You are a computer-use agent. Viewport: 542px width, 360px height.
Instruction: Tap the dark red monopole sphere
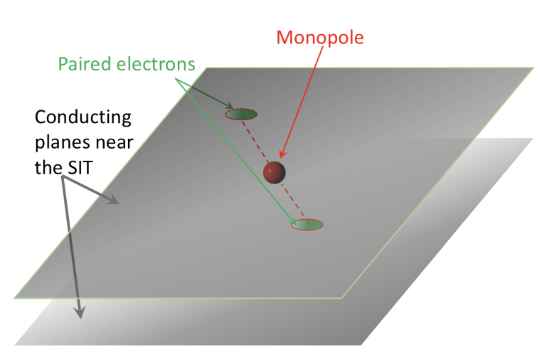[274, 171]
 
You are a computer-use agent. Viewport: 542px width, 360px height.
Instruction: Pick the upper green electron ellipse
[241, 114]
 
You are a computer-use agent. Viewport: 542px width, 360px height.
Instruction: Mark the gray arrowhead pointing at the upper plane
[114, 202]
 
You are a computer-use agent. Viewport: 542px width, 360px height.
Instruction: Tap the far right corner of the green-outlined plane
[533, 68]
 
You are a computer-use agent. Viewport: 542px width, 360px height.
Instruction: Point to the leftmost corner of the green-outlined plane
[14, 297]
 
